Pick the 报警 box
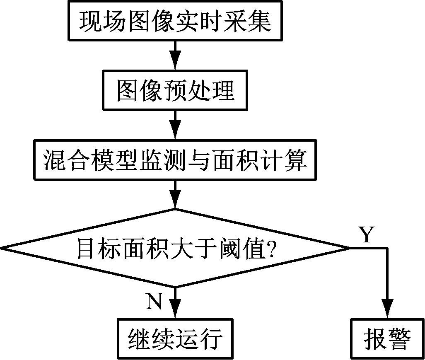coord(387,339)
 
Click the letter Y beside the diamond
coord(366,235)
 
